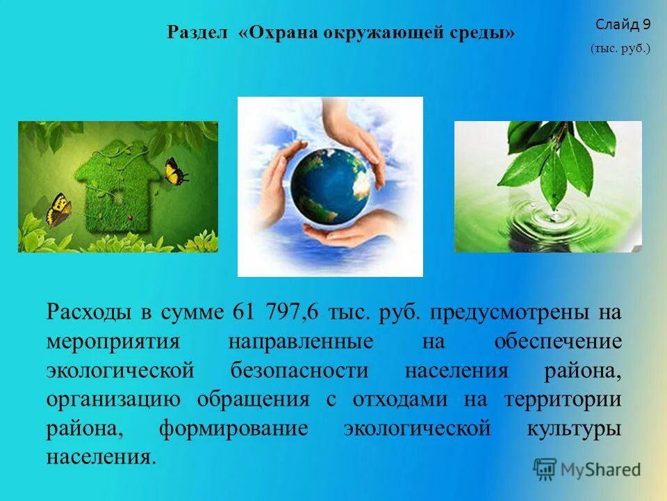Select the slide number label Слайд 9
(623, 25)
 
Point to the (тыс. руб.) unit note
(620, 49)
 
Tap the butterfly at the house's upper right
(175, 170)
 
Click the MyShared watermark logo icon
(545, 469)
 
